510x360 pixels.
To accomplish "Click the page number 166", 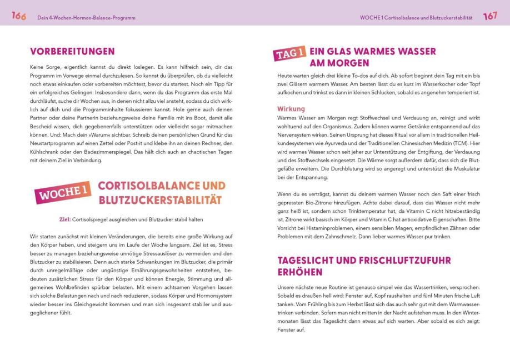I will tap(19, 16).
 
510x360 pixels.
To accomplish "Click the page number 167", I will tap(490, 16).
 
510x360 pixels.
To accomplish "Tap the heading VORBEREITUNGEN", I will tap(72, 51).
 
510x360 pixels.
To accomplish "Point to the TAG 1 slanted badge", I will tap(289, 54).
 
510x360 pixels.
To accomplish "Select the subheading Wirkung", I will tap(291, 109).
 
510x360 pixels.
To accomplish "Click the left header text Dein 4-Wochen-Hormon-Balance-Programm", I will tap(86, 18).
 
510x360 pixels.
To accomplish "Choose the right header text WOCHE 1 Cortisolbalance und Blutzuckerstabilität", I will tap(416, 18).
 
